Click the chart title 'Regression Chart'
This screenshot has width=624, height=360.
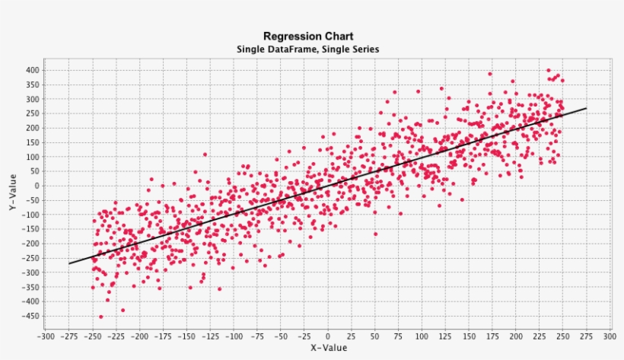(x=308, y=36)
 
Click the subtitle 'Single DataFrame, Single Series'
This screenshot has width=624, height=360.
(x=308, y=49)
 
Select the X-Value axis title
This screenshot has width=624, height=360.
(x=328, y=348)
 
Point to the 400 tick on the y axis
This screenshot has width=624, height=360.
(x=31, y=70)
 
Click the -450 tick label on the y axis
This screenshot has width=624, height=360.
(x=30, y=316)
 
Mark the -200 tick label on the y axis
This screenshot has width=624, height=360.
(x=30, y=244)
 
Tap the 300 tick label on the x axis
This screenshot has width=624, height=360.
(x=609, y=336)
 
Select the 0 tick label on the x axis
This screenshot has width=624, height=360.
(x=328, y=336)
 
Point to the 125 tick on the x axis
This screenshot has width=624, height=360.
(x=445, y=336)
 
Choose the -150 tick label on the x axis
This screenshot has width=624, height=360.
(x=187, y=336)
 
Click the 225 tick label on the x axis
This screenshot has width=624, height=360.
(x=539, y=336)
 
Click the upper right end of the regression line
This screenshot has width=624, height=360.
(x=586, y=108)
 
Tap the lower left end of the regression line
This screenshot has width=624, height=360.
(x=69, y=263)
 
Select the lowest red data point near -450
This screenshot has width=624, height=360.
(x=100, y=317)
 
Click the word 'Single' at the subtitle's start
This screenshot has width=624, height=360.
(x=251, y=49)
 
